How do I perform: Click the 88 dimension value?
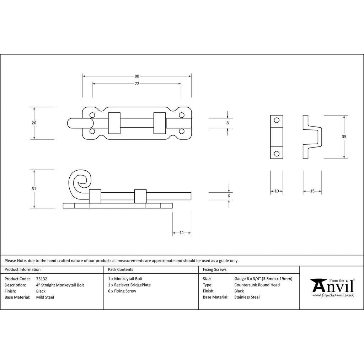point(137,76)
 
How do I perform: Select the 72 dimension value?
point(137,84)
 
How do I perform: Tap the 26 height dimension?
point(34,123)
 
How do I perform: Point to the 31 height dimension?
point(34,189)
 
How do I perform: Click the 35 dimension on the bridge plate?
point(344,137)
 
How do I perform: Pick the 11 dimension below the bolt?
point(182,233)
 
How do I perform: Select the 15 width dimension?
point(312,191)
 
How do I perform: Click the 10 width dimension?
point(277,191)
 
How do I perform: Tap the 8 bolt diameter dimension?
point(227,123)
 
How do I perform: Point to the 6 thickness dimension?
point(229,196)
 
